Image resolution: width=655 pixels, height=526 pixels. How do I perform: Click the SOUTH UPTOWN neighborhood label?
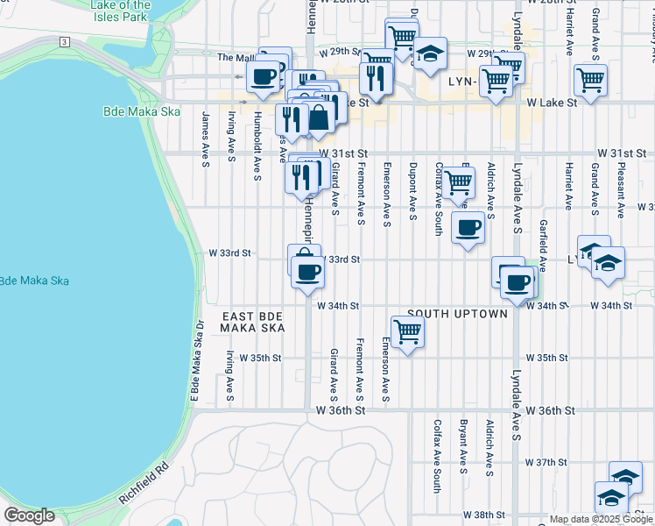pos(456,313)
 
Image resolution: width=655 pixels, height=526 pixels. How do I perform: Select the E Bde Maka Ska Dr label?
pos(199,360)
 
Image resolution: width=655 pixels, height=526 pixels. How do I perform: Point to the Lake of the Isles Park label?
pos(121,10)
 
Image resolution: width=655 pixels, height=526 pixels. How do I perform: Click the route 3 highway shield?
pos(65,42)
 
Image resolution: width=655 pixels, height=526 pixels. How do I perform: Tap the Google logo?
pos(29,515)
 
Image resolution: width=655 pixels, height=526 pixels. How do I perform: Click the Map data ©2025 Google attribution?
pos(601,519)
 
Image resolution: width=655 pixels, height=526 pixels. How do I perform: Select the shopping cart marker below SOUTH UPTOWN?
pos(407,332)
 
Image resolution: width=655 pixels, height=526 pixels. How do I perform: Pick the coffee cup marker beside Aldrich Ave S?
pos(468,228)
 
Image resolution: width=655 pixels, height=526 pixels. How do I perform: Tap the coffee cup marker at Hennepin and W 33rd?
pos(307,273)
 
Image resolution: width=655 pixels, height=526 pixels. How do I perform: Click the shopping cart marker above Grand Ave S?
pos(591,80)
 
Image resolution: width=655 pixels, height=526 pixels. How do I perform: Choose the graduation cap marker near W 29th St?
pos(430,53)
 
